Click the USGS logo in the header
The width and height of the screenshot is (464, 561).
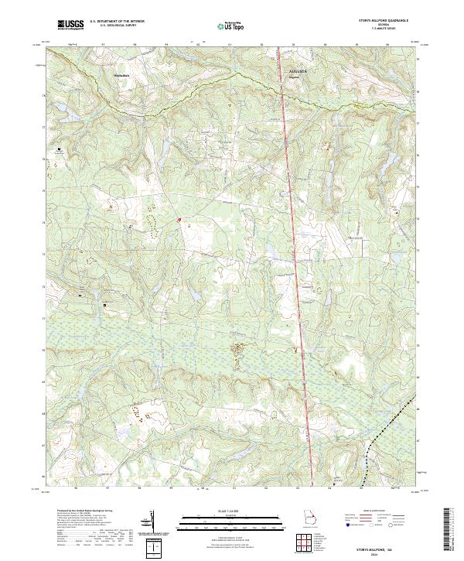tap(70, 25)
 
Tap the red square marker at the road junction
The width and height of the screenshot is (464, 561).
tap(179, 220)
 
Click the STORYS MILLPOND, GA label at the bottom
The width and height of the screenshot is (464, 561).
tap(383, 545)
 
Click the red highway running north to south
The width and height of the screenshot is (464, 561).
tap(294, 232)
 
